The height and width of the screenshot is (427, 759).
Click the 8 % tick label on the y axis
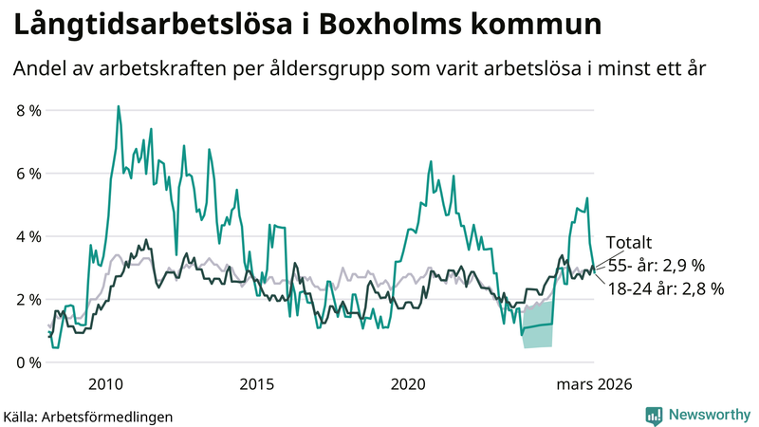pos(29,110)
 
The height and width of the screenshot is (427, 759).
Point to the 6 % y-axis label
pos(29,174)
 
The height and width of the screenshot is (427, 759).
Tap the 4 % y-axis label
pos(29,236)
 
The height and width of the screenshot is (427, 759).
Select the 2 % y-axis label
pos(29,300)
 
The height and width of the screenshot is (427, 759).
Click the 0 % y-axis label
pos(29,362)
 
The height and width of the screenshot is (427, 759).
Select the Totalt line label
pos(629,243)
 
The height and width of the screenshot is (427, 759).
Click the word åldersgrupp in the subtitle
pos(355,69)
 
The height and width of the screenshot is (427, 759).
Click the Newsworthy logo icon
pos(654,415)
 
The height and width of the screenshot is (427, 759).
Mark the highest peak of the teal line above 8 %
pos(118,106)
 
